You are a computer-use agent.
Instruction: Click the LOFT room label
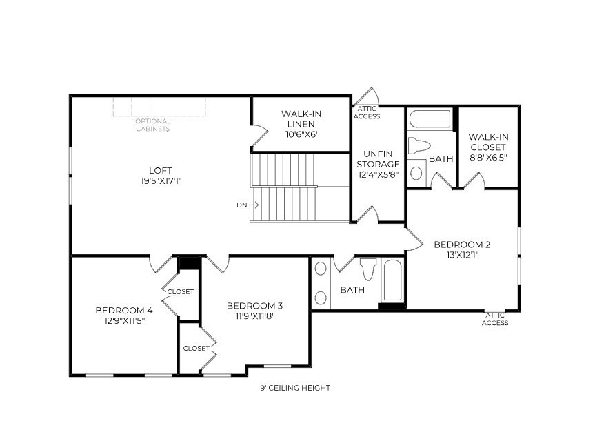[x=161, y=170]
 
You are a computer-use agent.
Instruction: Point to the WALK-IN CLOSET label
[x=487, y=142]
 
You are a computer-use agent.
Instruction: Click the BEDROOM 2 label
[x=462, y=245]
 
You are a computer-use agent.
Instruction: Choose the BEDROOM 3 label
[x=254, y=305]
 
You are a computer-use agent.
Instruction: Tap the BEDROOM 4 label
[x=124, y=310]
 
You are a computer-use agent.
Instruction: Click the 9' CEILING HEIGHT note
[x=295, y=388]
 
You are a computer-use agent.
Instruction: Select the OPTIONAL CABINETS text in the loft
[x=152, y=125]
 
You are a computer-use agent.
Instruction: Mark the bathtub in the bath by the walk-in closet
[x=430, y=120]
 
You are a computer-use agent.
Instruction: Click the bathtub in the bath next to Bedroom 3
[x=393, y=280]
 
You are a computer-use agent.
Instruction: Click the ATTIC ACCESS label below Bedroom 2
[x=495, y=319]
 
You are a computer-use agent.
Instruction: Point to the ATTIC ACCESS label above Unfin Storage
[x=367, y=112]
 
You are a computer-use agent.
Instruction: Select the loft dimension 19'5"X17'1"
[x=161, y=181]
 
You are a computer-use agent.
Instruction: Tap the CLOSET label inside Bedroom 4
[x=181, y=291]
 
